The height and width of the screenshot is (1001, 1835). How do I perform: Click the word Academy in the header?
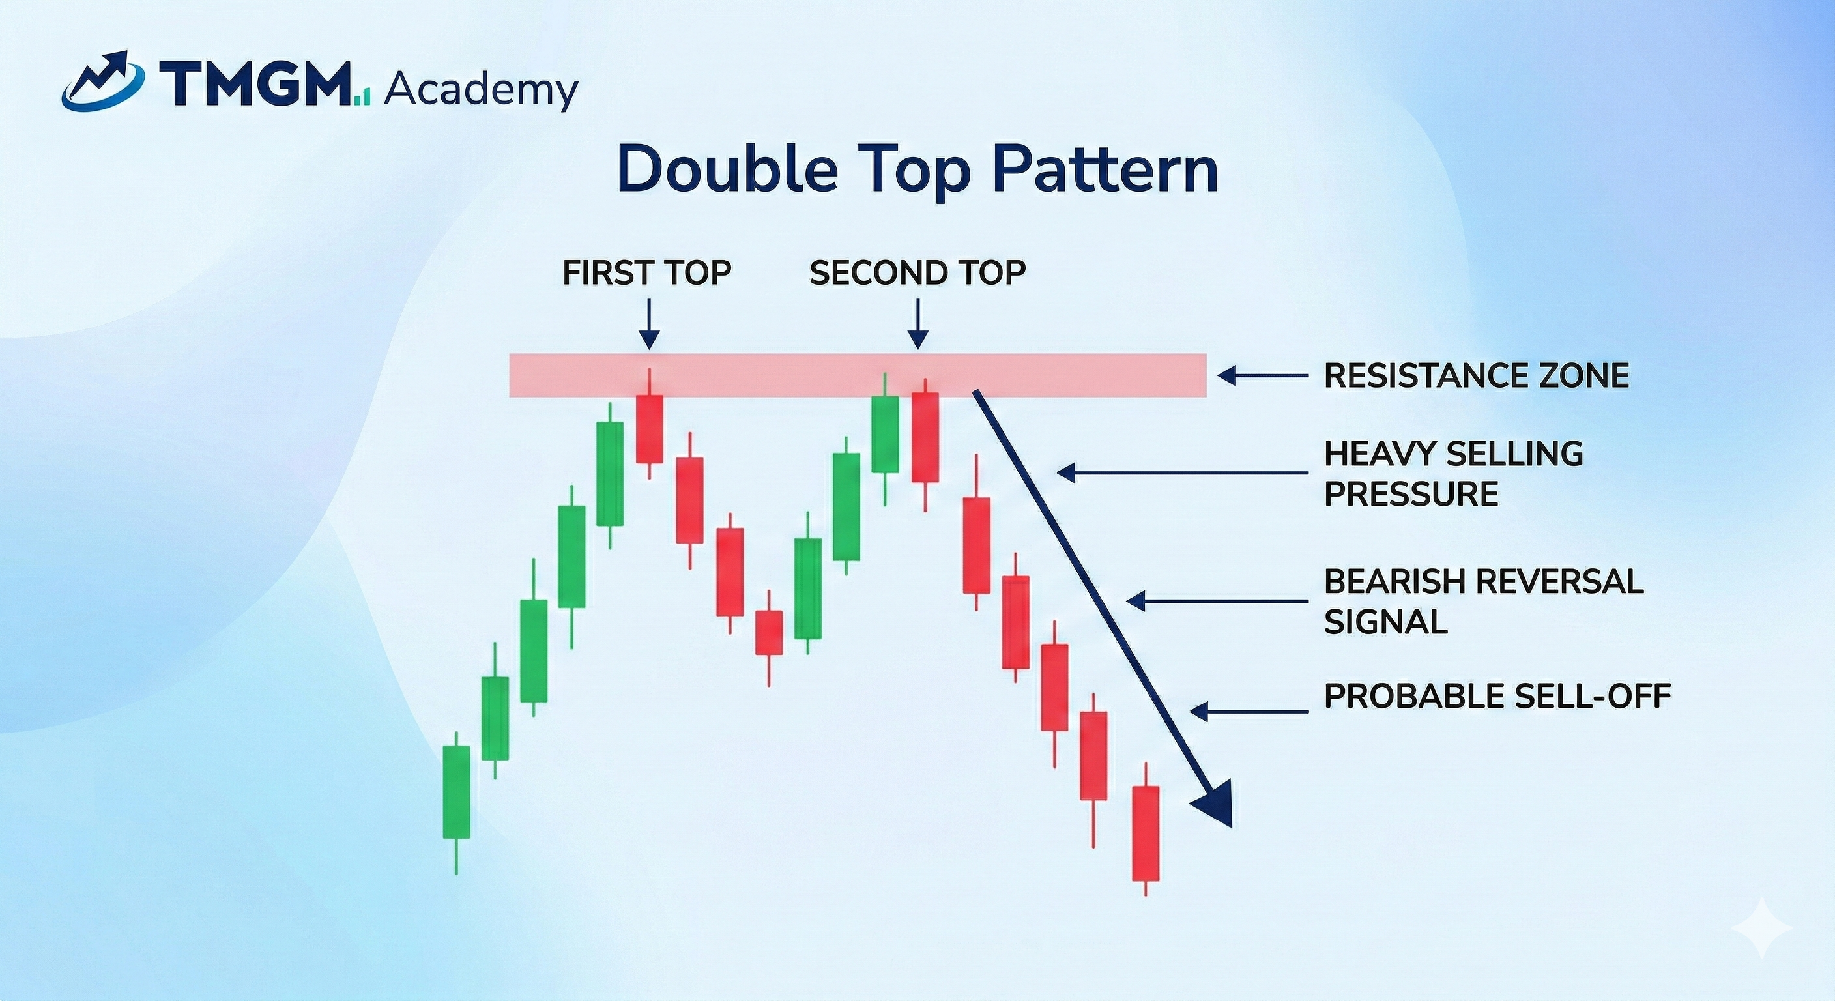pos(481,91)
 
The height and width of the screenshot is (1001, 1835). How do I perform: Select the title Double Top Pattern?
pos(917,169)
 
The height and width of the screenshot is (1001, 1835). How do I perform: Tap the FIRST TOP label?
pos(647,273)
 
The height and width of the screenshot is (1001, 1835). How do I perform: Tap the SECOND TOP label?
pos(917,273)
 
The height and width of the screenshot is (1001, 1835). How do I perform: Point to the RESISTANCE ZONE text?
pos(1476,375)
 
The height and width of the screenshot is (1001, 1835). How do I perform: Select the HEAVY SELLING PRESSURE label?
pos(1453,473)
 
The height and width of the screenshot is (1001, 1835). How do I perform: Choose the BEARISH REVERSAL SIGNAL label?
pos(1483,602)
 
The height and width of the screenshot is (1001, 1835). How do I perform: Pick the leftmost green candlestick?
pos(457,792)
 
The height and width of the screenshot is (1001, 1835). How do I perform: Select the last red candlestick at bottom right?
pos(1146,833)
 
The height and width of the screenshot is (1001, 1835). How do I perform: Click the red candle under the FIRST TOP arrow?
pos(650,428)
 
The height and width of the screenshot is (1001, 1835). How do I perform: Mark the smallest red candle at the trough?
pos(770,632)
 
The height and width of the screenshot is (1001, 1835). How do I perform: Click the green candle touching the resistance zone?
pos(885,434)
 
